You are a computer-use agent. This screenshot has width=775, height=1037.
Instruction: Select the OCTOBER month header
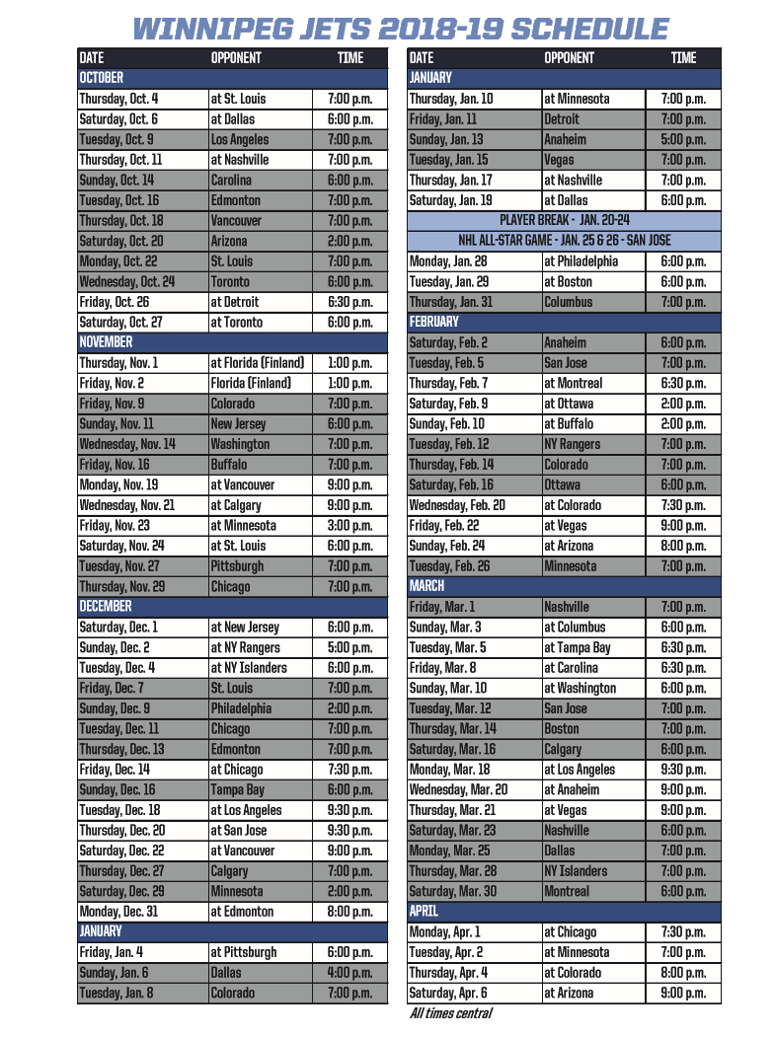101,78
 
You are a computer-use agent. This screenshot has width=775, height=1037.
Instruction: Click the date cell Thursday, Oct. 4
118,99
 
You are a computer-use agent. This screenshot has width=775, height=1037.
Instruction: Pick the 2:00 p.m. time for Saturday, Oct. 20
349,241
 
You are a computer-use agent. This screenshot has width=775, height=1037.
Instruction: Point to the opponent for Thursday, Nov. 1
257,363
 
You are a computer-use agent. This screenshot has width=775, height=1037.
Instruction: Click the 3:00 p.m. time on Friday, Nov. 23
349,526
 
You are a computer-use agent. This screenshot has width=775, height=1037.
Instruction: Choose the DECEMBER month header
106,607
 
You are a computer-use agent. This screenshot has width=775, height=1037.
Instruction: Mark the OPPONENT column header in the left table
236,58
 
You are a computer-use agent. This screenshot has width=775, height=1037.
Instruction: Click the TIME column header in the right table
683,58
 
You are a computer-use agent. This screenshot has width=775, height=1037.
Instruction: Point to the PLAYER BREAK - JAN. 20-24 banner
564,221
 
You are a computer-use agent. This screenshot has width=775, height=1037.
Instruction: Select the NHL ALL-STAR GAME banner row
564,241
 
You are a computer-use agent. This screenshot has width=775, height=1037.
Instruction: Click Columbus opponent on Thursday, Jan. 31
569,302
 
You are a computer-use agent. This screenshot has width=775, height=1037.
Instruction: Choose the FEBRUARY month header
433,322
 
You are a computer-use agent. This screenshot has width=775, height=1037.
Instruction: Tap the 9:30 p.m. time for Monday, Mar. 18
683,770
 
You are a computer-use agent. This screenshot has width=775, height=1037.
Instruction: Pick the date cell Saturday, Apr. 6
447,993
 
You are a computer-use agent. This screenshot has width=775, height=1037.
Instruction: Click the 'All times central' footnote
450,1014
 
